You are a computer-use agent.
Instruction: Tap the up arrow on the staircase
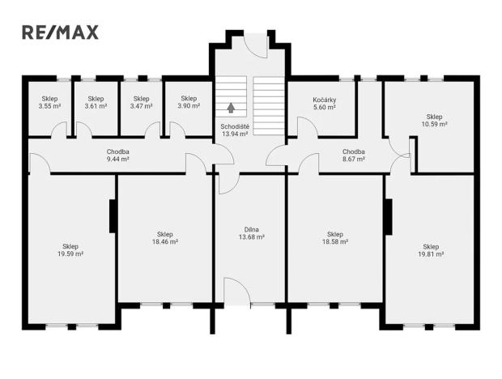click(232, 106)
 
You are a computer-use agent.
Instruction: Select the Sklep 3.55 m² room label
click(50, 102)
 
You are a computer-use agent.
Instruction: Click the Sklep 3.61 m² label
click(96, 102)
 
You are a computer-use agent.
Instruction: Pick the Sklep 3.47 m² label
click(142, 102)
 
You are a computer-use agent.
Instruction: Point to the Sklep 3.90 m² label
click(188, 102)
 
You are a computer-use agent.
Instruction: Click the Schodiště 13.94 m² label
click(234, 130)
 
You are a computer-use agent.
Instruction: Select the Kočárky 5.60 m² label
click(324, 102)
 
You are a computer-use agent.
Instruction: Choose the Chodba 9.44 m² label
click(117, 155)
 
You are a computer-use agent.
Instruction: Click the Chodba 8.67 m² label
click(353, 155)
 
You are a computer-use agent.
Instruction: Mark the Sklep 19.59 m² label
click(70, 249)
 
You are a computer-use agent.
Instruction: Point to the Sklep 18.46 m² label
click(164, 238)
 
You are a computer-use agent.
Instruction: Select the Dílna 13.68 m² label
click(251, 233)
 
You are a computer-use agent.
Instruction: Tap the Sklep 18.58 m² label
click(335, 238)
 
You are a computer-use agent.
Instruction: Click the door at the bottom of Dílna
click(235, 291)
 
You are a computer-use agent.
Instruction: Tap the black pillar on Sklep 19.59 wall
click(113, 217)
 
